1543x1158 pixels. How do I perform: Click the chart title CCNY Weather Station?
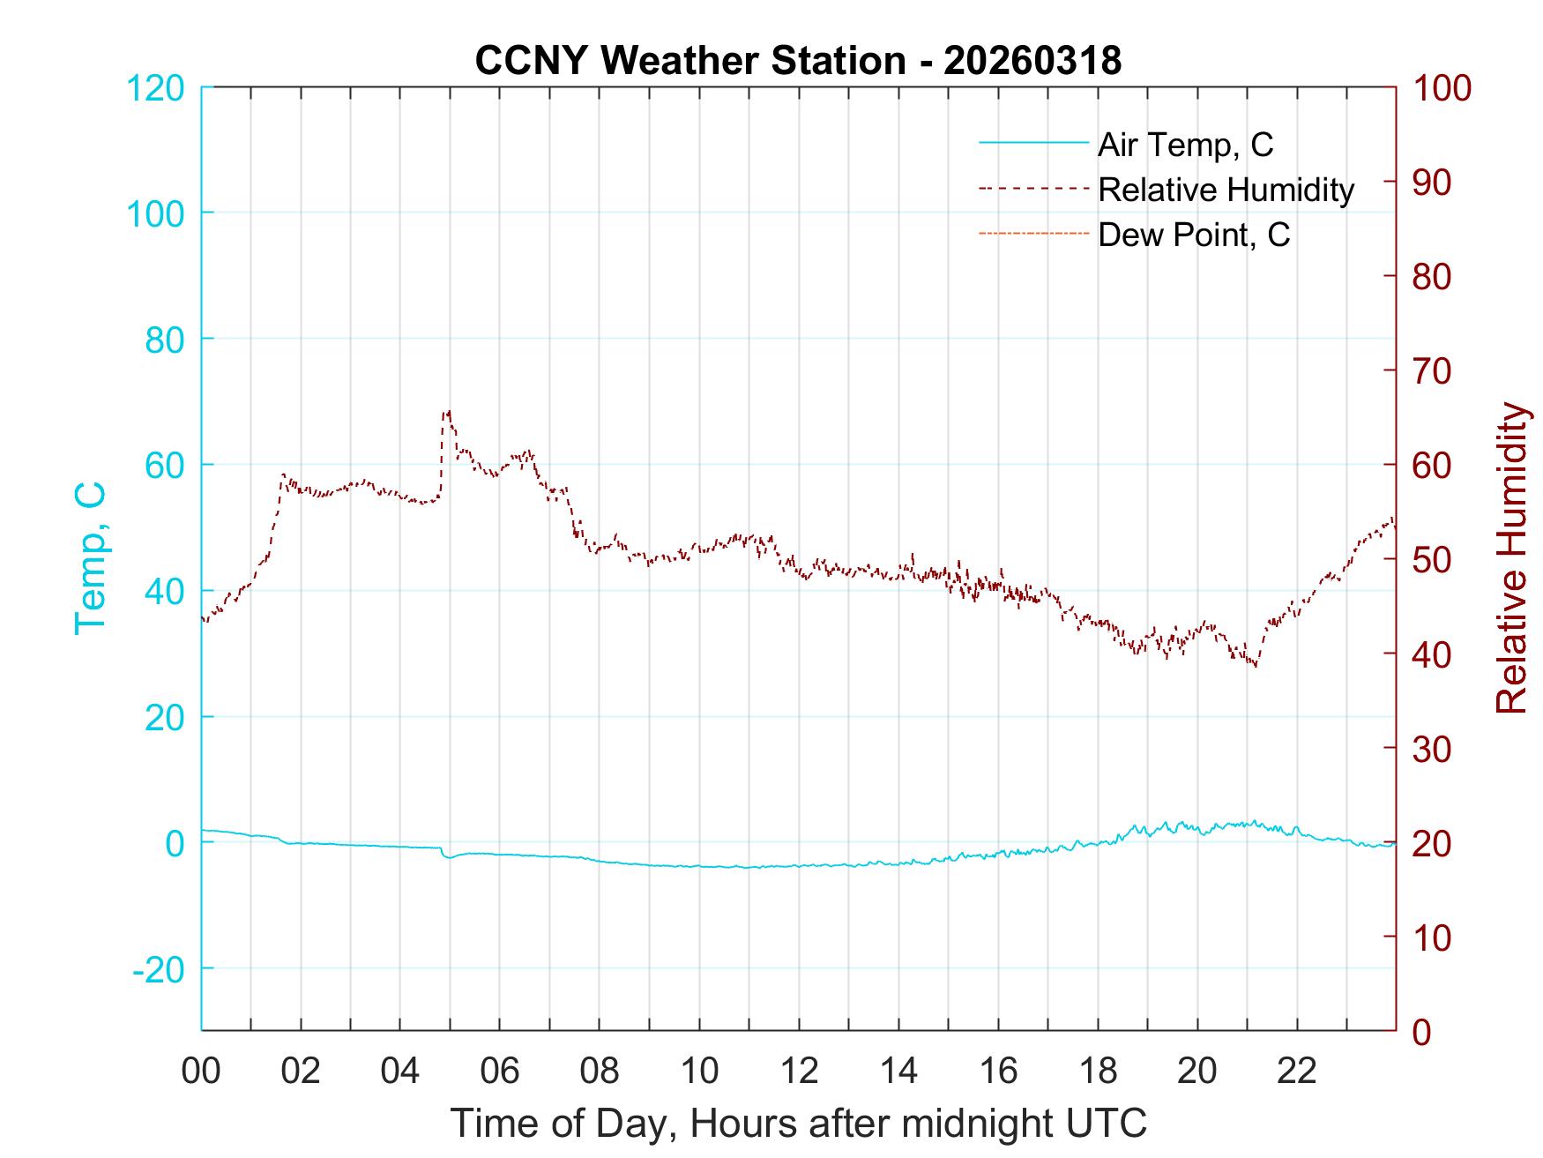coord(798,60)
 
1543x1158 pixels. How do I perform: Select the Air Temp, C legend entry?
coord(1185,144)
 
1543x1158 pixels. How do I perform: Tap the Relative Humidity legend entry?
coord(1226,190)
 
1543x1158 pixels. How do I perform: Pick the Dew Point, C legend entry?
coord(1194,235)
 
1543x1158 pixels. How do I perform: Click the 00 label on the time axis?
coord(201,1071)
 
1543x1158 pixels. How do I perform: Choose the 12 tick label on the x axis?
coord(799,1071)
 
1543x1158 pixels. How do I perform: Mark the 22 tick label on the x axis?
coord(1297,1071)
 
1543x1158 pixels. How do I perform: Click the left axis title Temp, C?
coord(90,557)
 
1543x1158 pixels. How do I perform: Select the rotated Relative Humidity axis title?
coord(1511,557)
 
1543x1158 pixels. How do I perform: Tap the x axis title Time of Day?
coord(799,1123)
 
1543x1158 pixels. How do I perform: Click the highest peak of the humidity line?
coord(448,411)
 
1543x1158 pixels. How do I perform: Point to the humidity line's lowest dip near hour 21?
coord(1254,665)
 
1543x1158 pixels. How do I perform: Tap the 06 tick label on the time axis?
coord(500,1071)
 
